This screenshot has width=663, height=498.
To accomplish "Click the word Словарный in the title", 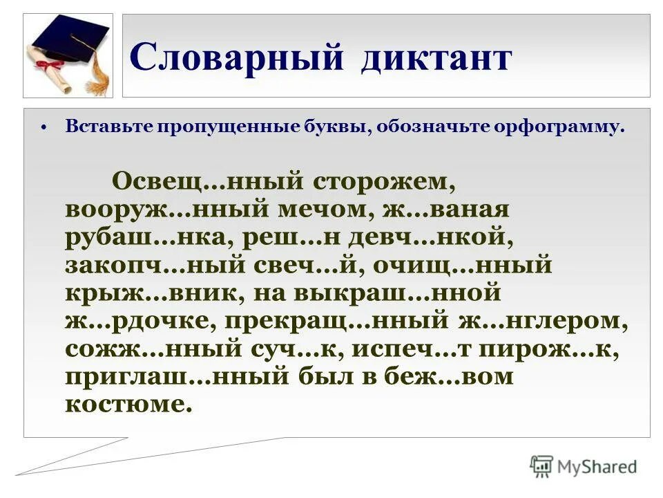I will pos(236,57).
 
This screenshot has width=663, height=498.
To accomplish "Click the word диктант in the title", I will pos(435,57).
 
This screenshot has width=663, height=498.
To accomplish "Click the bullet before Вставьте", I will pos(44,128).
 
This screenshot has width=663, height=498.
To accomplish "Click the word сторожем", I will pos(385,181).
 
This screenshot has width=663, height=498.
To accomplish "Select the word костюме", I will pos(127,404).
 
